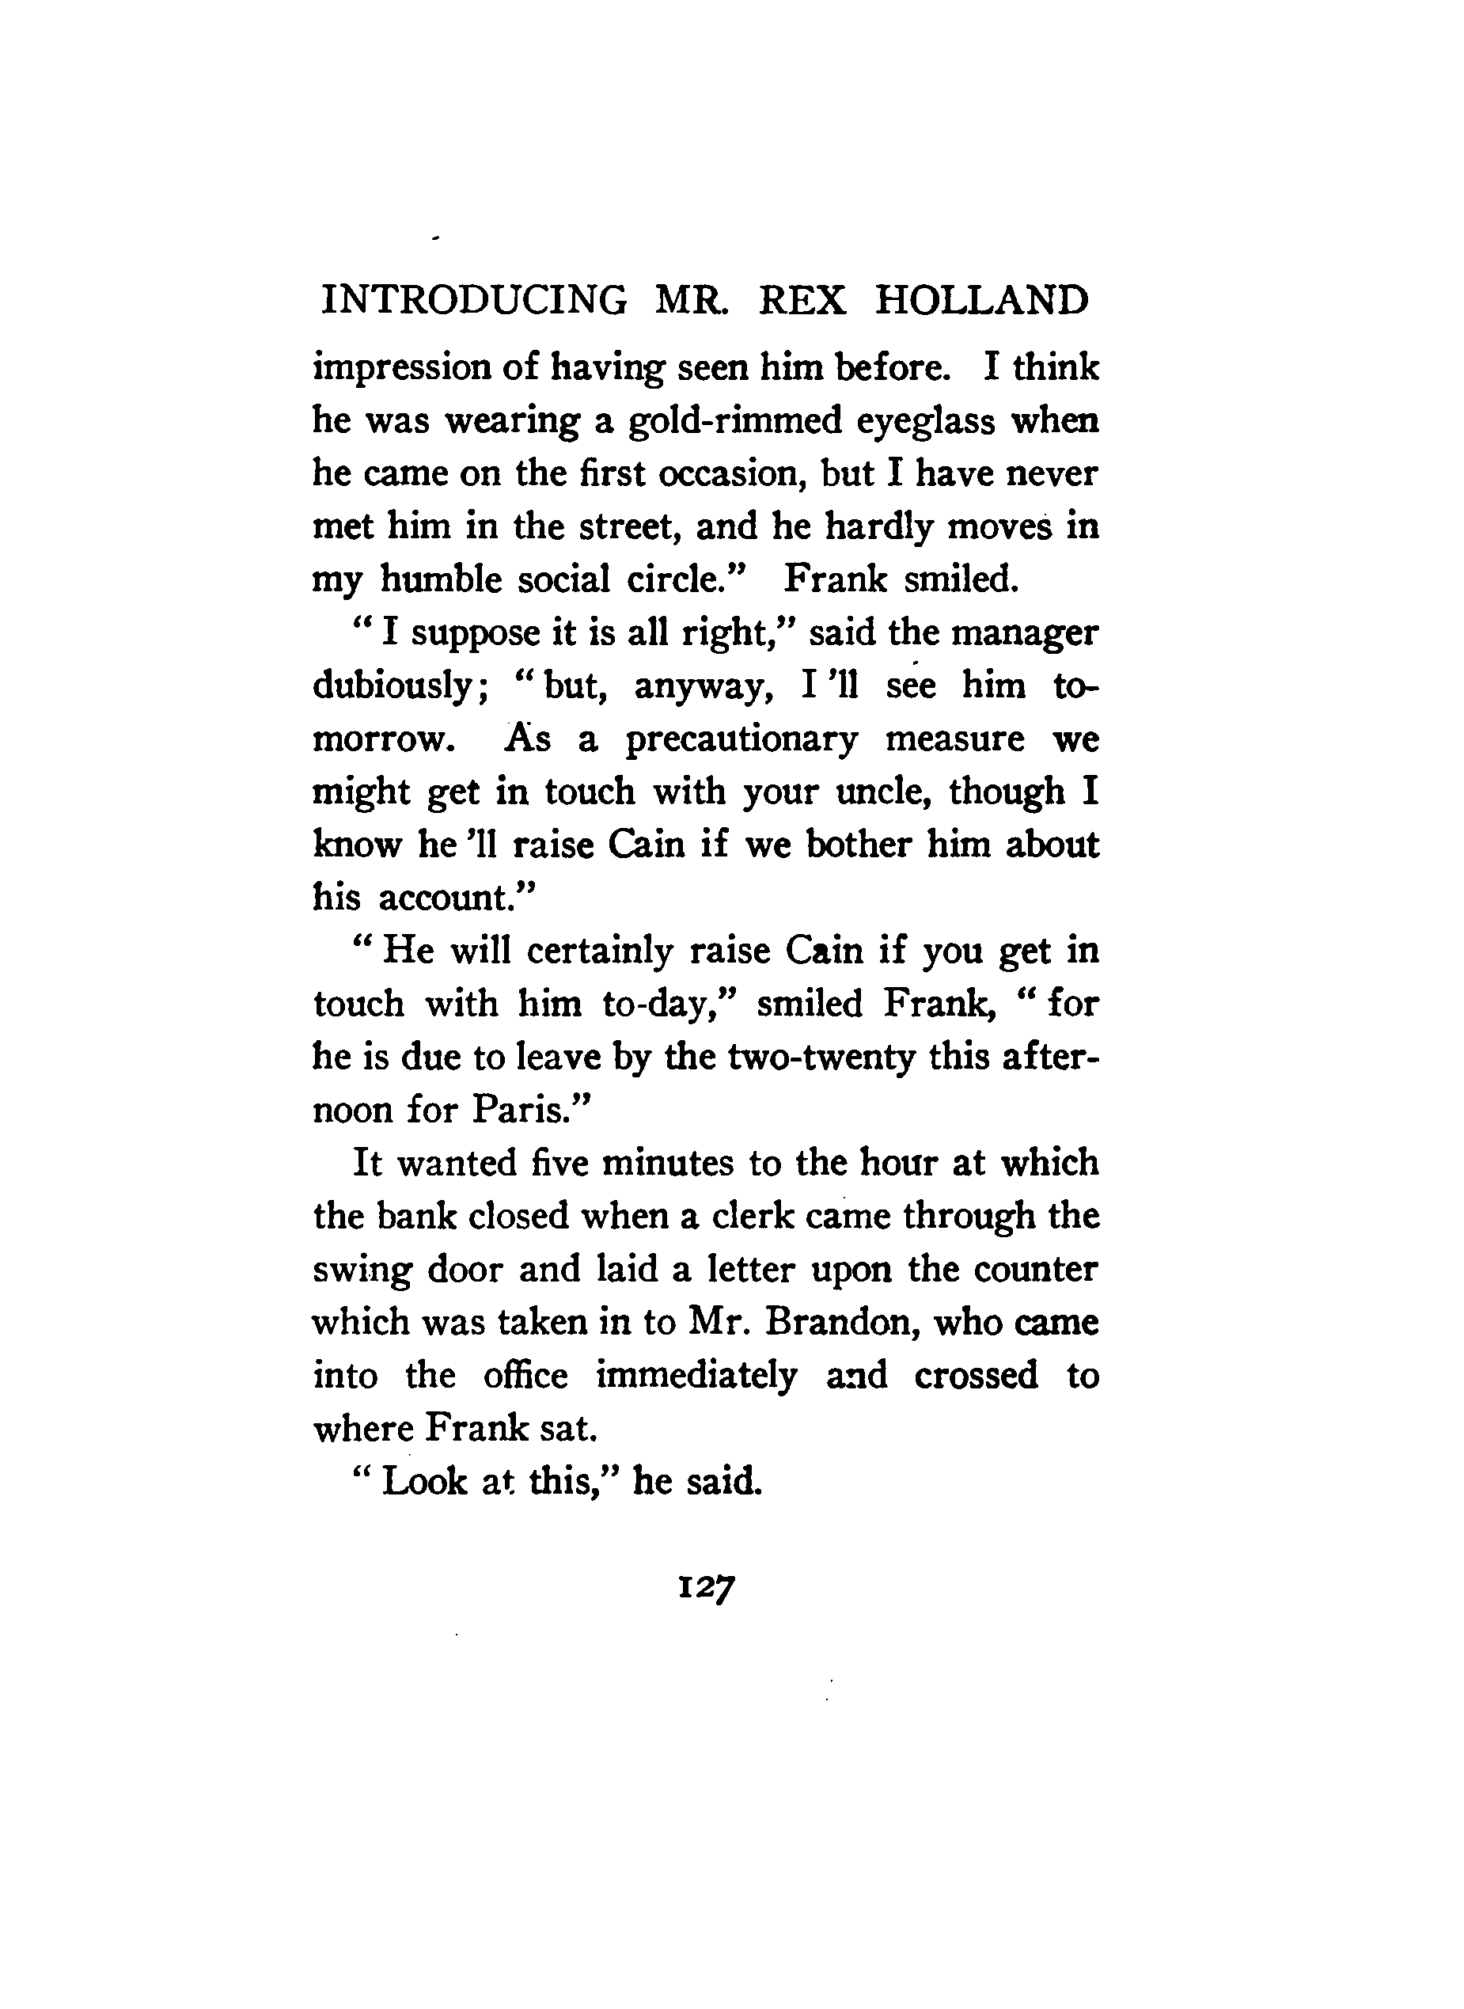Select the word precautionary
point(741,740)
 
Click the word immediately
point(696,1376)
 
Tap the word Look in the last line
point(424,1481)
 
